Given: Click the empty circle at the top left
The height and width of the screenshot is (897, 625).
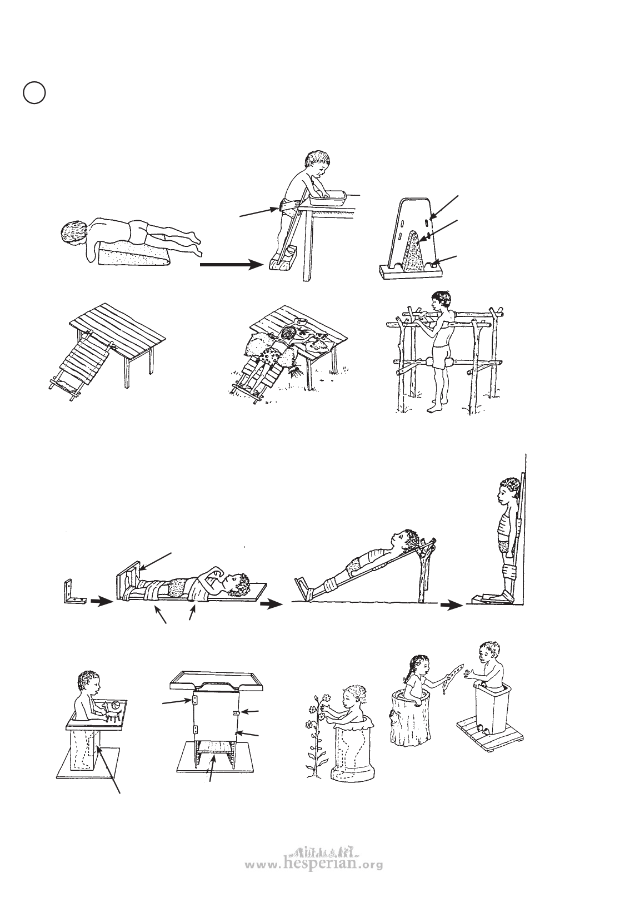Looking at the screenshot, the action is click(x=34, y=92).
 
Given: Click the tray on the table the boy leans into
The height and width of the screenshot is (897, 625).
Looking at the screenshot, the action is click(x=327, y=197).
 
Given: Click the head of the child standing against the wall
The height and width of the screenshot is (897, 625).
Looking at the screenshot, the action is click(x=509, y=492).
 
